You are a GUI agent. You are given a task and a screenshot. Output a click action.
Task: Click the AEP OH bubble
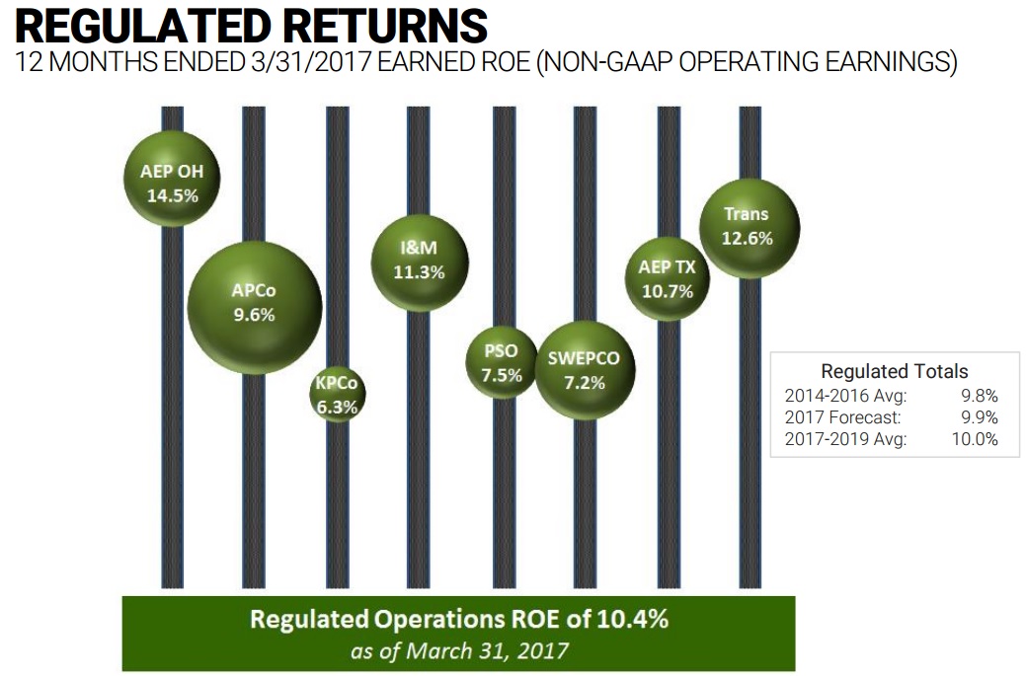(x=173, y=184)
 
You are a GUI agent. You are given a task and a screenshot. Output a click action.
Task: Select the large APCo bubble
(x=255, y=305)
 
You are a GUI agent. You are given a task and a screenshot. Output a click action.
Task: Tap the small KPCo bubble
(x=337, y=394)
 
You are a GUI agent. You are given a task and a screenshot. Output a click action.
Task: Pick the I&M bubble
(x=420, y=261)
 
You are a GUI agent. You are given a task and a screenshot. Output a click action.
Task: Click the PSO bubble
(x=502, y=363)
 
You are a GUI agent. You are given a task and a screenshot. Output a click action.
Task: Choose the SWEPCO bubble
(x=584, y=369)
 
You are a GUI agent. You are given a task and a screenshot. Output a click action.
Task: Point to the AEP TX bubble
(x=668, y=278)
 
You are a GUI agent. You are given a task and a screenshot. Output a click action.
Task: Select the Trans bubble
(x=749, y=226)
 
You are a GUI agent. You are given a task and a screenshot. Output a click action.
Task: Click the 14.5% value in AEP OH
(x=173, y=195)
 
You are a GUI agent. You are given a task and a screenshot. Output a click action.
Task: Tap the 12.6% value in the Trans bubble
(x=748, y=238)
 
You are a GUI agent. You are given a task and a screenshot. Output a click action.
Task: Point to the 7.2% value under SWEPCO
(x=584, y=382)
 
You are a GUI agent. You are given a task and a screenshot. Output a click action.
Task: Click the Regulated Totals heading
(x=895, y=372)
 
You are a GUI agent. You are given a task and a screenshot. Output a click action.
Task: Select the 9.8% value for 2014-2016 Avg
(x=979, y=396)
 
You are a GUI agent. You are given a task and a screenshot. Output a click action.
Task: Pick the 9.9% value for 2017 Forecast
(x=979, y=417)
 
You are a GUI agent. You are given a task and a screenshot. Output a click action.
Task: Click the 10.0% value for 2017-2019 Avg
(x=975, y=439)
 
